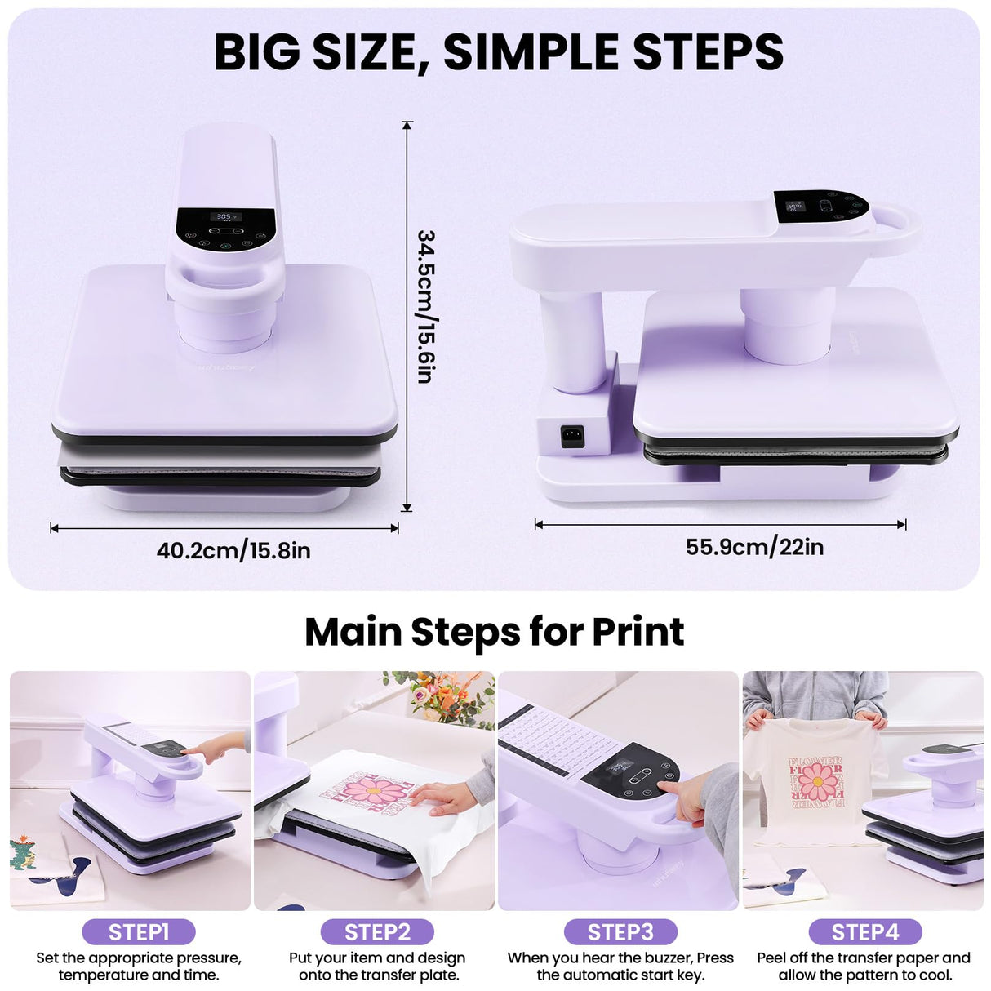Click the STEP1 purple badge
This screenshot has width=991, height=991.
point(139,932)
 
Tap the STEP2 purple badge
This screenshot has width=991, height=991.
point(377,932)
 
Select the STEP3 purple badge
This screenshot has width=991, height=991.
point(620,932)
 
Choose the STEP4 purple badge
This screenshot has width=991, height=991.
point(864,932)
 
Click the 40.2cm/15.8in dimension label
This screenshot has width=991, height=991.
point(233,551)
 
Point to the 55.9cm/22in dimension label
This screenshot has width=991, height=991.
point(754,547)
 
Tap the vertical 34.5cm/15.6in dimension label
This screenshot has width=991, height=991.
point(425,306)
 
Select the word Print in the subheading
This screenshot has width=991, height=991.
point(638,632)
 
